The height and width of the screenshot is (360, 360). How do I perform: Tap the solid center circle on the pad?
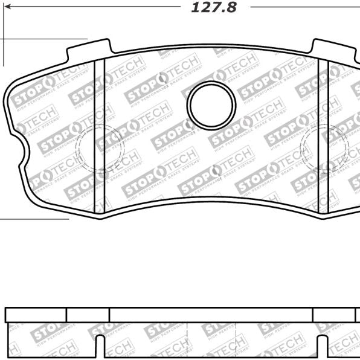211,104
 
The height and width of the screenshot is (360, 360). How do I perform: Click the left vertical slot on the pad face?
100,136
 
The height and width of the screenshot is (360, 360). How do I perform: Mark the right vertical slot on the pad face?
323,136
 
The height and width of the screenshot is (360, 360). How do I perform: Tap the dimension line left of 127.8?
91,7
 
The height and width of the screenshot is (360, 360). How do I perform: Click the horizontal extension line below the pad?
33,219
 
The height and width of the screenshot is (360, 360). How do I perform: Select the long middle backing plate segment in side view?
211,315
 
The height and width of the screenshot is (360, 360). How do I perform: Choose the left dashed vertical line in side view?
188,341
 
